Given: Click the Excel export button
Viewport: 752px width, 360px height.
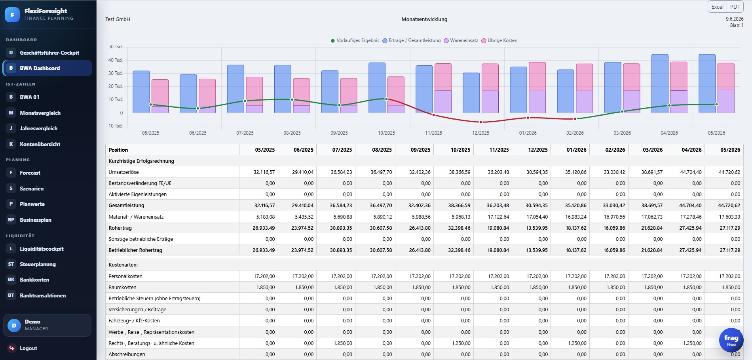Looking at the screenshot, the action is [717, 7].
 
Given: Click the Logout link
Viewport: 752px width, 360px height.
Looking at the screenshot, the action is [28, 348].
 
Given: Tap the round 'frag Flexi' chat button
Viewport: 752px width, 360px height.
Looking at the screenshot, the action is [731, 340].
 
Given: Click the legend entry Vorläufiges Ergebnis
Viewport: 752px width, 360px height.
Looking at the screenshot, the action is [355, 40].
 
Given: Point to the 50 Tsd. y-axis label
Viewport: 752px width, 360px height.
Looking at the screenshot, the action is [116, 47].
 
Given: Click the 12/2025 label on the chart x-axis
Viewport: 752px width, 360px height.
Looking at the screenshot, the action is [480, 133].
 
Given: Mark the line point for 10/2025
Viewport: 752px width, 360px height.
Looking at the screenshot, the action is [386, 99].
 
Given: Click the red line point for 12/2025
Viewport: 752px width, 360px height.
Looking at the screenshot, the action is [480, 122].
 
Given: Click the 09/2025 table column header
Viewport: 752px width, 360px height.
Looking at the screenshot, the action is [420, 150].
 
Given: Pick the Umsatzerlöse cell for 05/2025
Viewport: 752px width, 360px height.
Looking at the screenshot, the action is [264, 172].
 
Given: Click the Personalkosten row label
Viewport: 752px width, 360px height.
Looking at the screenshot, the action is [125, 276].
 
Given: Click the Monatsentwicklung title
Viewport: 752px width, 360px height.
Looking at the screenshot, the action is [424, 19].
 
